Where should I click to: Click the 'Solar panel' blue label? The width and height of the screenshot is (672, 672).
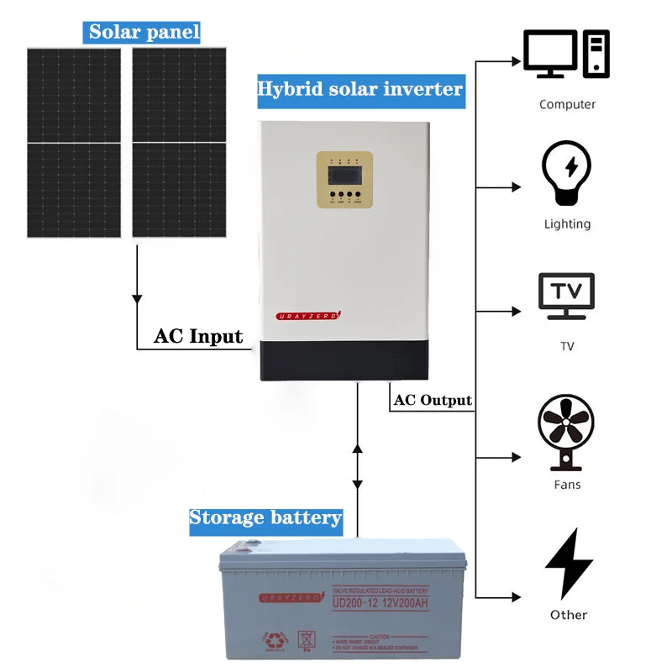pos(144,33)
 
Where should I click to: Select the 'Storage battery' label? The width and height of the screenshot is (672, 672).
pos(265,517)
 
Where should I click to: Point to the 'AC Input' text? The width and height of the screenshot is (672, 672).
pos(198,337)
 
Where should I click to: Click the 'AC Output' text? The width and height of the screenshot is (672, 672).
pos(433,400)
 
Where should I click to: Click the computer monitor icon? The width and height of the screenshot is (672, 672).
pos(551,54)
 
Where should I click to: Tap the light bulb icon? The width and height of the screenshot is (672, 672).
pos(567,173)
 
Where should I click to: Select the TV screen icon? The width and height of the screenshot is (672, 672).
pos(566,296)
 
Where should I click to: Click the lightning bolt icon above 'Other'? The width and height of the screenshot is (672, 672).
pos(569,563)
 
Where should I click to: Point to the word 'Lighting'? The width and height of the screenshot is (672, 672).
pos(567,224)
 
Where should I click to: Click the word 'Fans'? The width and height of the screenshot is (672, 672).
pos(567,485)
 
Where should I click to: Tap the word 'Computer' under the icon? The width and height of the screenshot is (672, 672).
pos(567,104)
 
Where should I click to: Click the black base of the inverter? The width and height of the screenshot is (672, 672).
pos(344,360)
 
